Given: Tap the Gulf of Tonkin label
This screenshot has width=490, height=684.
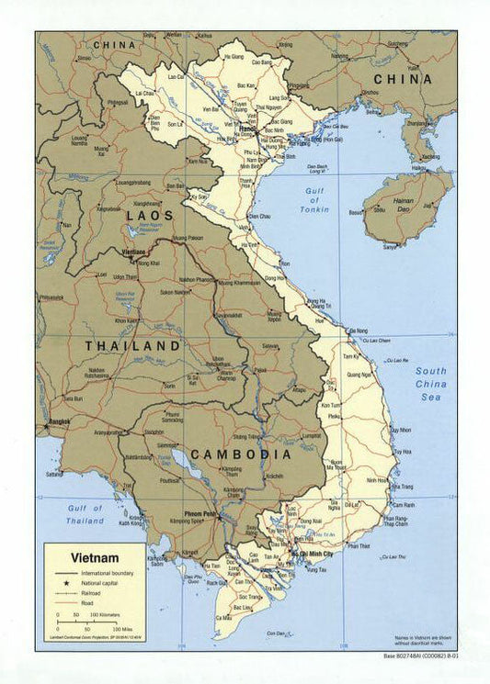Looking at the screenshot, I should (x=313, y=201).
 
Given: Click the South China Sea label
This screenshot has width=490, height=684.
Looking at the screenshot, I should (x=429, y=384).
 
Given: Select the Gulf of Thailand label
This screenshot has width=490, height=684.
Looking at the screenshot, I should (x=85, y=515).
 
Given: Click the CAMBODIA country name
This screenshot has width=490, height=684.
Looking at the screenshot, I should (x=241, y=454).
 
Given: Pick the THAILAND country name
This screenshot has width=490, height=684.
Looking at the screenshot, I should (x=132, y=346).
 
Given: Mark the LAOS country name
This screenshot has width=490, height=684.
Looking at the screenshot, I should (x=149, y=214).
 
